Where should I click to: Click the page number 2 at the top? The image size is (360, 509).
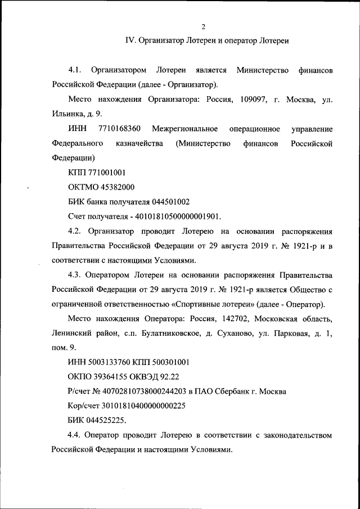coord(204,26)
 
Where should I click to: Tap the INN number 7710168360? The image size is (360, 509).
coord(119,129)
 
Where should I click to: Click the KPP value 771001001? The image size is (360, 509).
coord(106,173)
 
